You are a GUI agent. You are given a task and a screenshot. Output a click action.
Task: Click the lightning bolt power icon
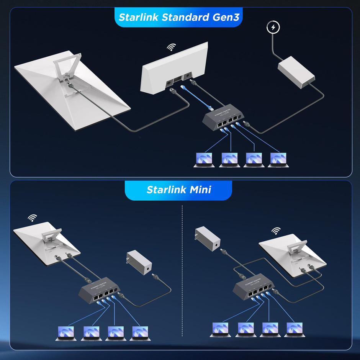[x=273, y=28]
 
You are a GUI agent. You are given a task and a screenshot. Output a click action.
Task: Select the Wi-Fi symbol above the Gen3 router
[x=171, y=47]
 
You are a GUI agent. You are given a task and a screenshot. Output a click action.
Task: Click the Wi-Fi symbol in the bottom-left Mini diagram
[x=33, y=218]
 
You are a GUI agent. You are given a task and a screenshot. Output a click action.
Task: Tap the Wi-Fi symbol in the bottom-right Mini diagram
[x=276, y=231]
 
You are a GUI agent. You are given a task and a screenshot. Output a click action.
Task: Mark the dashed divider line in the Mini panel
[x=182, y=268]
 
